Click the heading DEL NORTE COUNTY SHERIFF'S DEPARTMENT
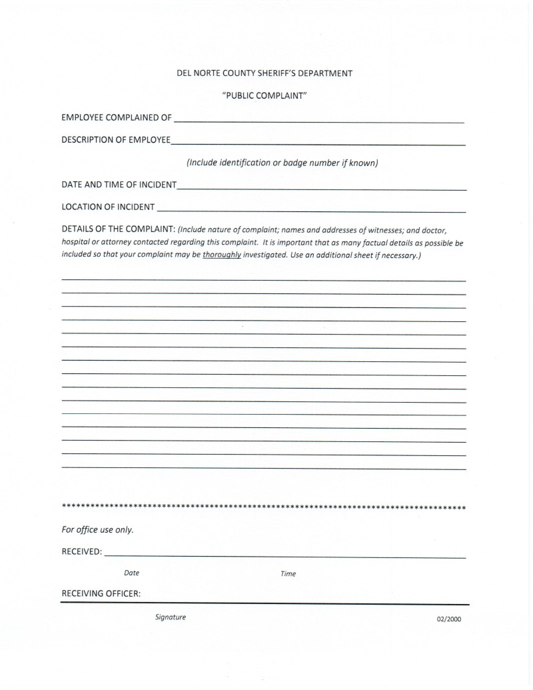264,73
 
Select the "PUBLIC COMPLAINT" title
264,96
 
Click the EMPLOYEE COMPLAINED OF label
116,119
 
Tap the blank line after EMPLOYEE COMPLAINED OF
318,121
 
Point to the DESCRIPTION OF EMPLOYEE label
115,140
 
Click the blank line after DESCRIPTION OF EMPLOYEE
318,143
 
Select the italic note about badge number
282,163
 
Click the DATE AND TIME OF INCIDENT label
119,185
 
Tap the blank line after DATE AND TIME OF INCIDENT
322,188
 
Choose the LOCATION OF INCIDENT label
108,207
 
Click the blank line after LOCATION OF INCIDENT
311,210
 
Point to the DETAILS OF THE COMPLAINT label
118,230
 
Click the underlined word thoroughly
222,255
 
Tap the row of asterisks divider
264,508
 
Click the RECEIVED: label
81,552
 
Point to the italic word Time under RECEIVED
288,574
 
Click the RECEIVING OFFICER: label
101,594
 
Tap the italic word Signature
171,617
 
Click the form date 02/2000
449,619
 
